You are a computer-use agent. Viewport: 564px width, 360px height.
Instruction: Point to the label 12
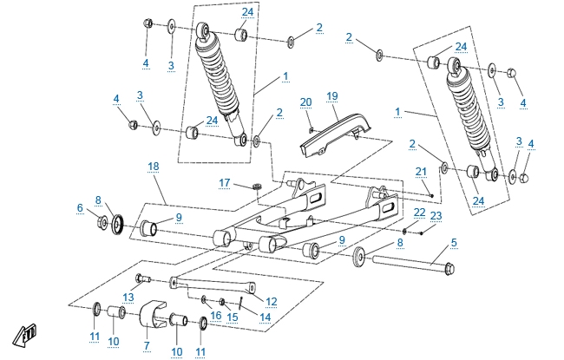click(x=271, y=301)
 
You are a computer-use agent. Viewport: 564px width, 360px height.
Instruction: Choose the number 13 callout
click(x=128, y=297)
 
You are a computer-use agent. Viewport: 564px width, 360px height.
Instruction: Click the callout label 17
click(x=224, y=183)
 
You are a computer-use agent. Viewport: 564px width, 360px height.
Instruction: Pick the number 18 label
click(x=153, y=165)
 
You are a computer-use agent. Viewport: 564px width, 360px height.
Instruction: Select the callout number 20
click(x=305, y=102)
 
